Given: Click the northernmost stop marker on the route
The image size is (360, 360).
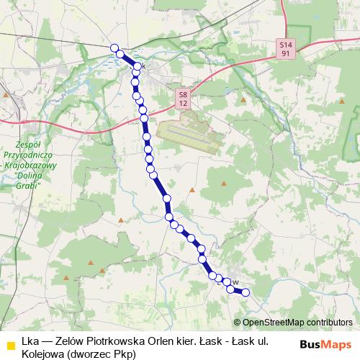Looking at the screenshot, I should pyautogui.click(x=114, y=48).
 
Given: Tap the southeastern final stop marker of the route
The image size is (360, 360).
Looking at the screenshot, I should pyautogui.click(x=246, y=292).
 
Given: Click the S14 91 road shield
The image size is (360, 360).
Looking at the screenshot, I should pyautogui.click(x=286, y=48).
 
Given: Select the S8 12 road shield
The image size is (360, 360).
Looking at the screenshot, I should pyautogui.click(x=183, y=99).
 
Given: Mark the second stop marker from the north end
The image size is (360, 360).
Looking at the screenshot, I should pyautogui.click(x=121, y=55).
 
